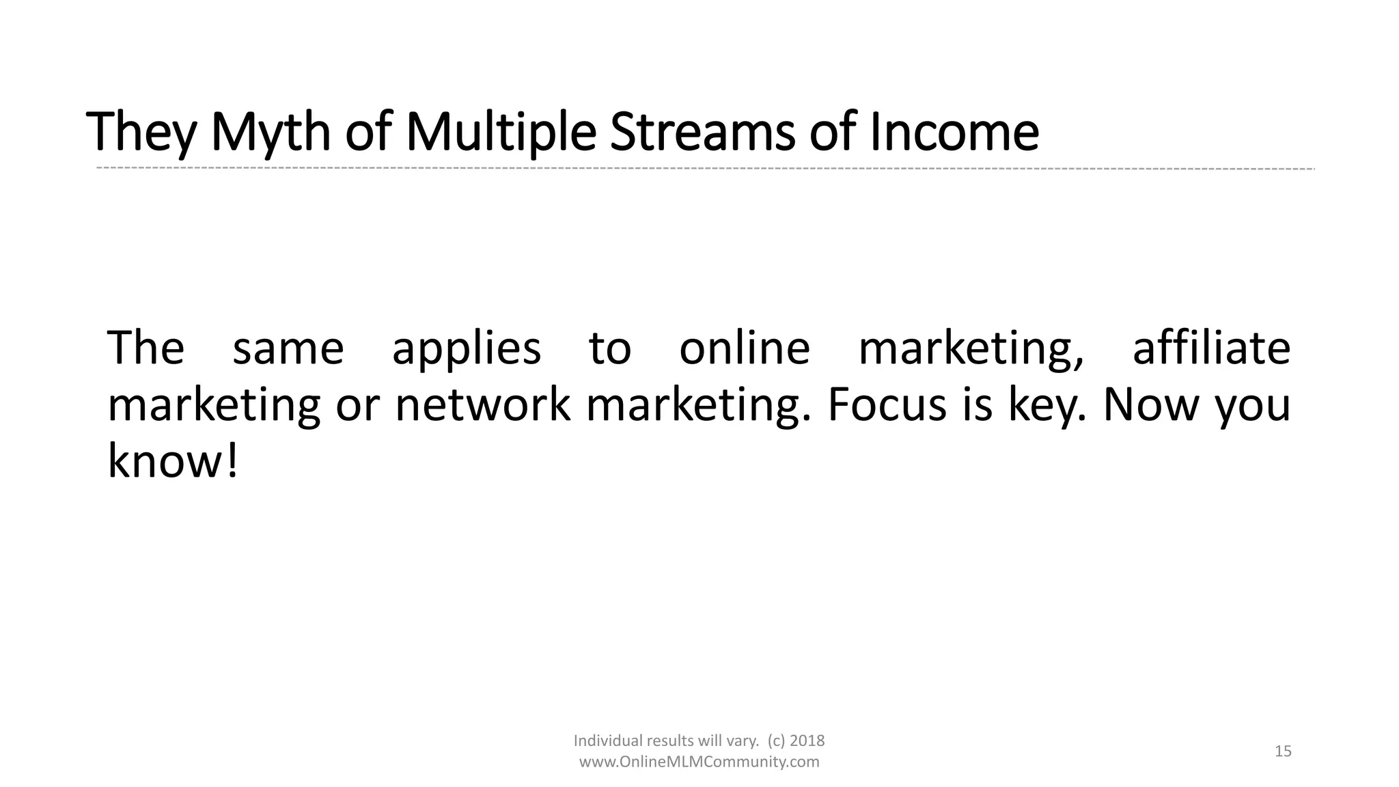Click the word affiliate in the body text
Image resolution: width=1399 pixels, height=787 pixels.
click(x=1211, y=348)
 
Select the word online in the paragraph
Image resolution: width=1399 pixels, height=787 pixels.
click(x=744, y=348)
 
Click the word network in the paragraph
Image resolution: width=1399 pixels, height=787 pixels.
click(x=482, y=404)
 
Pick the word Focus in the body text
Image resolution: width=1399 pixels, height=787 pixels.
click(x=887, y=404)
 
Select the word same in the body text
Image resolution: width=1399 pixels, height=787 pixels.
click(x=288, y=349)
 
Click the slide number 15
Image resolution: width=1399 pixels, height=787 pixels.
click(x=1283, y=751)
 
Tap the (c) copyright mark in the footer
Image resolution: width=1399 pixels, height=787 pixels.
click(x=775, y=741)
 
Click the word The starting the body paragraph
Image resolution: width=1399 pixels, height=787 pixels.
click(x=146, y=348)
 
